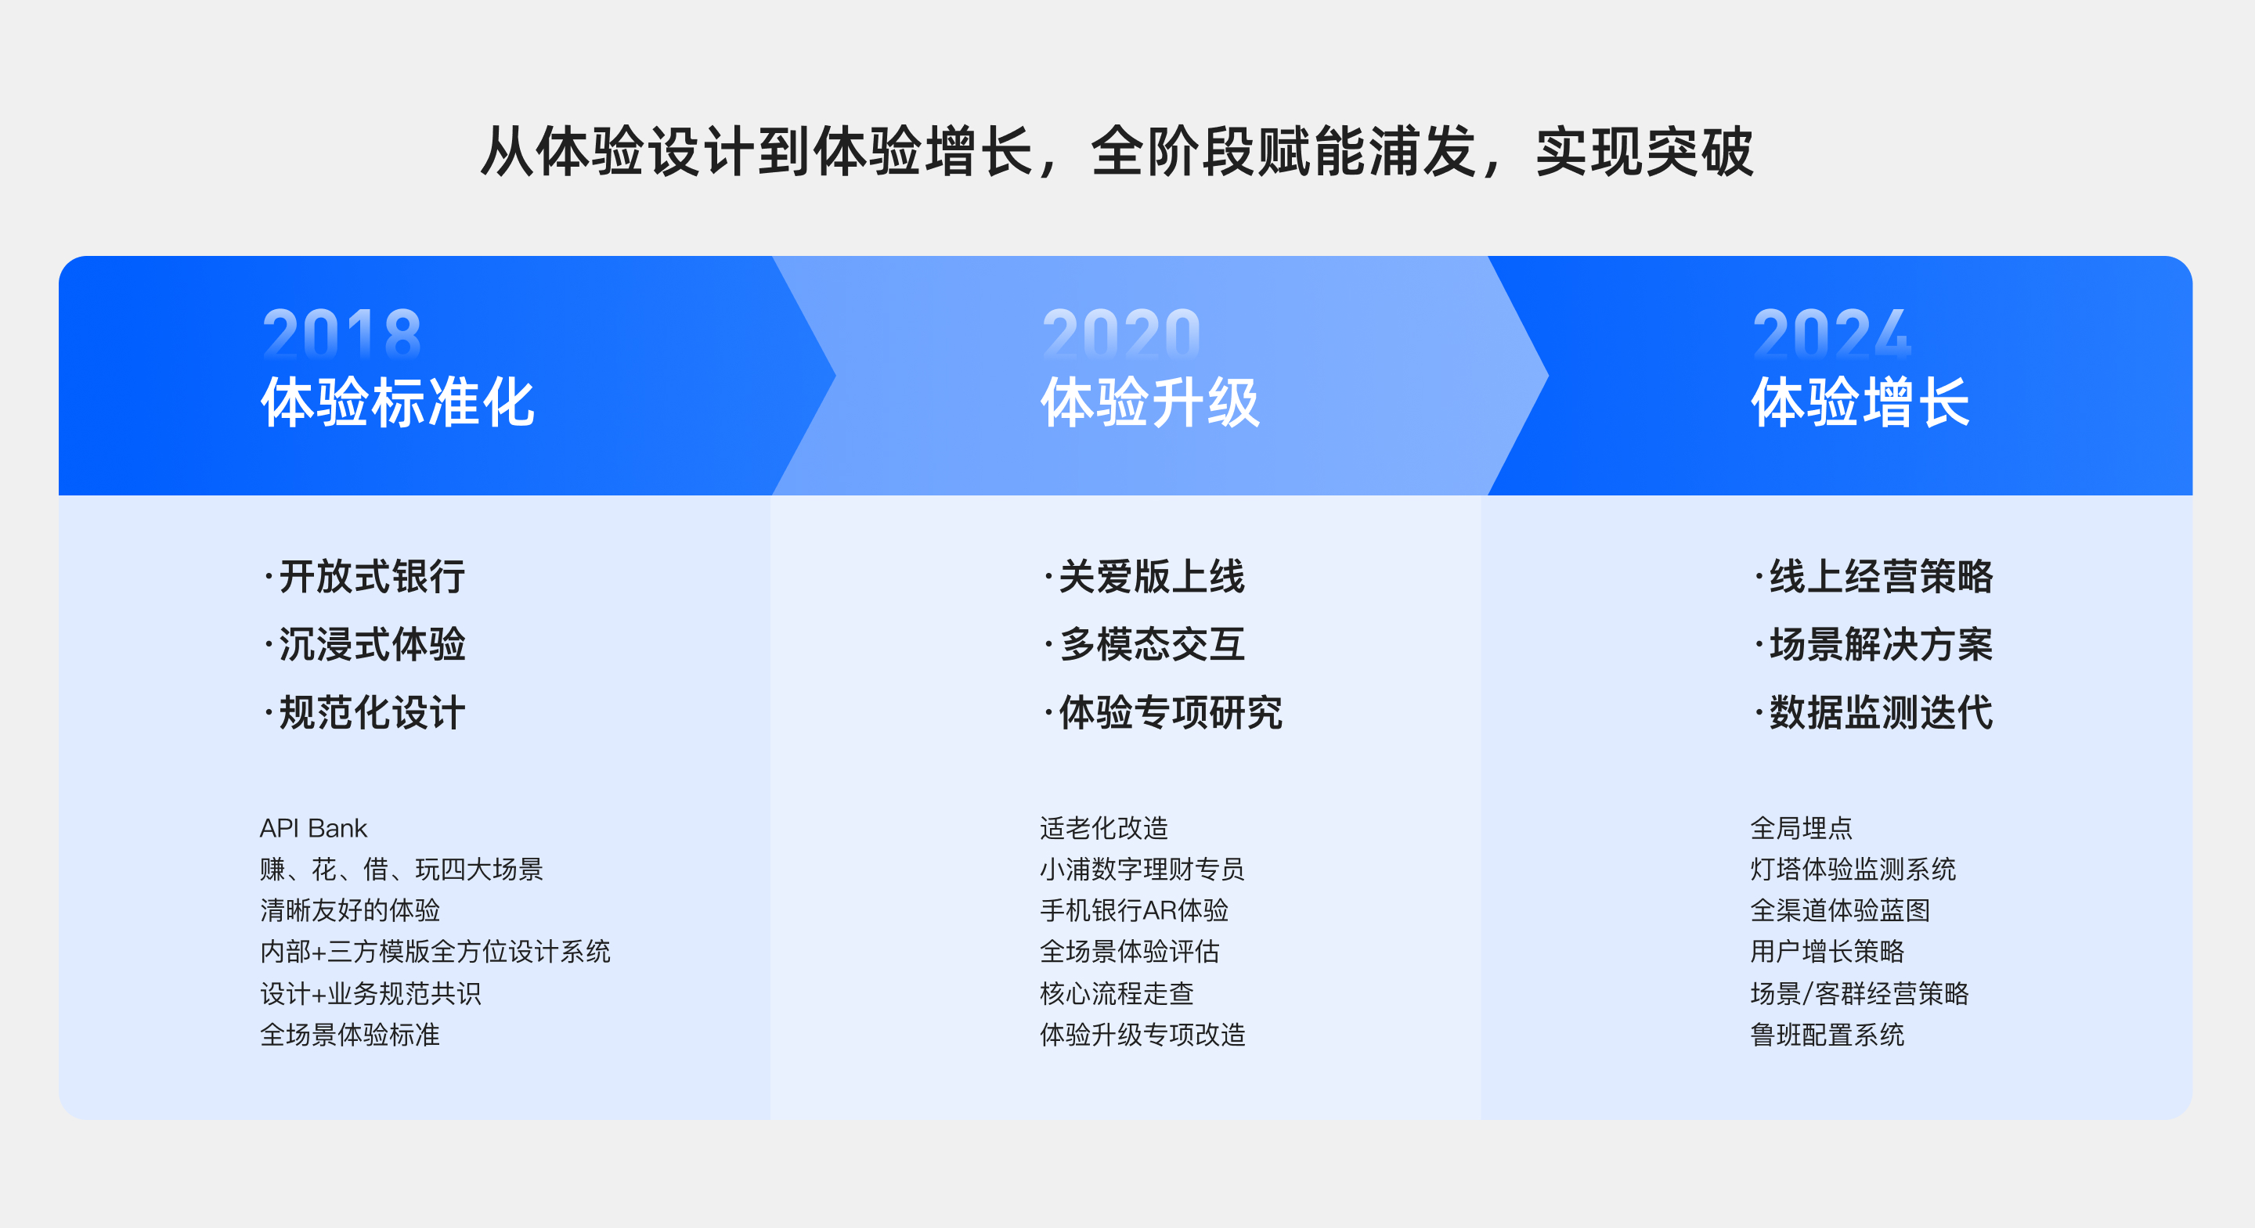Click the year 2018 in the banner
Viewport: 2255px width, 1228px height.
coord(341,333)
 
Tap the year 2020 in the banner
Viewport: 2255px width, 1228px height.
coord(1121,333)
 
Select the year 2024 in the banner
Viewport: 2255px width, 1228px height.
coord(1831,333)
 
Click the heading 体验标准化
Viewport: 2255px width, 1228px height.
coord(398,402)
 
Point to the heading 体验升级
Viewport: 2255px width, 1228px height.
coord(1150,402)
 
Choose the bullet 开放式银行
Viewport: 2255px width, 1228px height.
coord(372,577)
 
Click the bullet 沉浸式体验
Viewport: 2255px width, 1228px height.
coord(372,645)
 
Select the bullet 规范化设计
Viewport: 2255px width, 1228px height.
coord(372,712)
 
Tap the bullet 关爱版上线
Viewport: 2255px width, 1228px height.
coord(1152,577)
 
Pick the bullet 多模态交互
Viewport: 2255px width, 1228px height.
coord(1152,645)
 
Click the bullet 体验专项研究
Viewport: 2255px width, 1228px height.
coord(1171,712)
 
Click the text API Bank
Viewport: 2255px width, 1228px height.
coord(313,828)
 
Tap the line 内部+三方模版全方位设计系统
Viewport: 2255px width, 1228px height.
coord(435,952)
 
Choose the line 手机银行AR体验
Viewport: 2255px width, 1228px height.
coord(1135,910)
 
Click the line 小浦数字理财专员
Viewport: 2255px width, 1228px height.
coord(1142,869)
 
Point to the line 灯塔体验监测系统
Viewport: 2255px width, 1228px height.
coord(1853,869)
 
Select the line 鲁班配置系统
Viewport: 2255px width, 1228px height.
coord(1827,1035)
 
